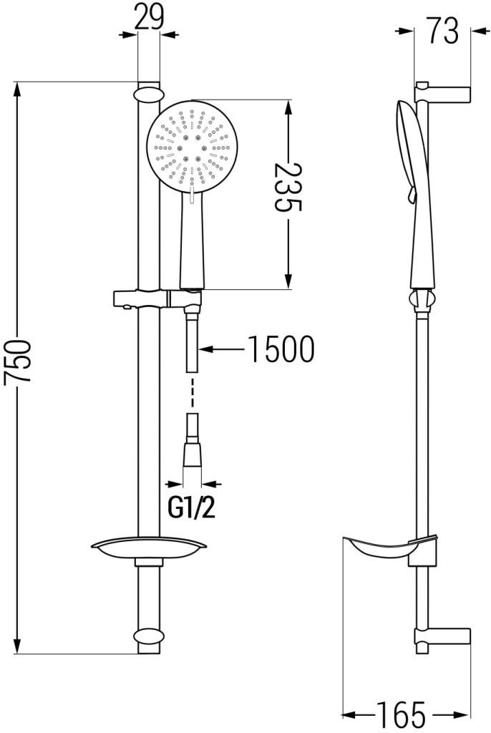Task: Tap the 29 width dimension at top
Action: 148,18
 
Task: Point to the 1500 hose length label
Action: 281,349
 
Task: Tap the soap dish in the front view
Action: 148,549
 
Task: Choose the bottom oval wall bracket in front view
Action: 148,636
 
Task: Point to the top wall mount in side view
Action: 444,93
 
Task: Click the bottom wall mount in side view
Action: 444,637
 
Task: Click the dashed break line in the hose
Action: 191,394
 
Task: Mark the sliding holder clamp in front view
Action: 143,298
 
